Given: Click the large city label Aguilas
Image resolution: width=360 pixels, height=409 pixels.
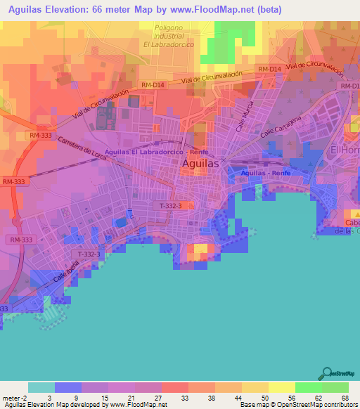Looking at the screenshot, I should (200, 163).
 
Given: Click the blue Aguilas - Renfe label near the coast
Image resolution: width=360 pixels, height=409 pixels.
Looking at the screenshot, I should (265, 171).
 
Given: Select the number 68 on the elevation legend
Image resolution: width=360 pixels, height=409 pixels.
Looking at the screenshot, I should (345, 398).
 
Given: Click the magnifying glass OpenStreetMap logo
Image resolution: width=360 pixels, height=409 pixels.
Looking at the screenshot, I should (326, 372).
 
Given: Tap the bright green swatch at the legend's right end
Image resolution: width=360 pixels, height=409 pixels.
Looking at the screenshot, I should (335, 387).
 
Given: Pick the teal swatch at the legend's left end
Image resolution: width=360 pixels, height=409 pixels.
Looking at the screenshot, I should (41, 387).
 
